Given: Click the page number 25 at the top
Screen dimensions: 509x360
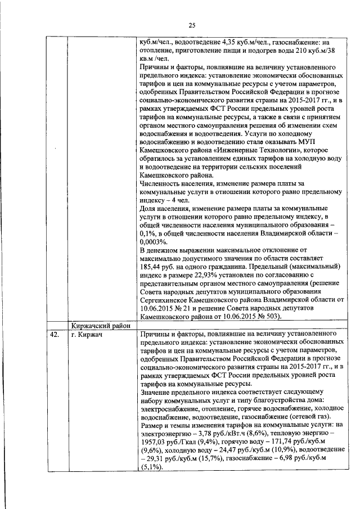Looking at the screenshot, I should [191, 25].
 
